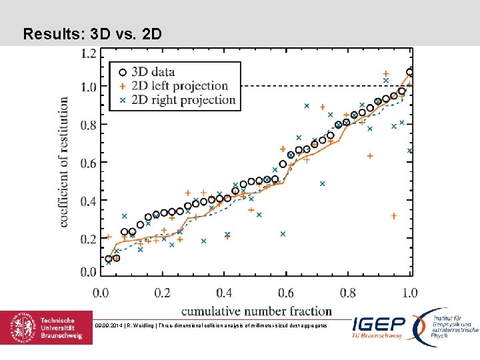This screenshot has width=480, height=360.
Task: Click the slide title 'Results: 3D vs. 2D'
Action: pyautogui.click(x=92, y=33)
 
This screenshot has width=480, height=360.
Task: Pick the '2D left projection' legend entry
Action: pyautogui.click(x=179, y=86)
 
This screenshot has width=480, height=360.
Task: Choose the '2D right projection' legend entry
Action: pyautogui.click(x=183, y=100)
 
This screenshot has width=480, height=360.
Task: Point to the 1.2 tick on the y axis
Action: pyautogui.click(x=88, y=53)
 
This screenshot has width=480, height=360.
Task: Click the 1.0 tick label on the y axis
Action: pyautogui.click(x=88, y=87)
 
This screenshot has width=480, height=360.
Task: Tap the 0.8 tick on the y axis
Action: pyautogui.click(x=88, y=125)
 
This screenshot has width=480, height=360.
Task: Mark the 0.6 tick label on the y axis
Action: pyautogui.click(x=88, y=163)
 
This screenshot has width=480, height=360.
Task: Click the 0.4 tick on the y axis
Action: pyautogui.click(x=88, y=201)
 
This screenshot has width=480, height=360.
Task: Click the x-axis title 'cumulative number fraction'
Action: pyautogui.click(x=257, y=311)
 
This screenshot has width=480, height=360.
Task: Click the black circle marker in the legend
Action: pyautogui.click(x=122, y=72)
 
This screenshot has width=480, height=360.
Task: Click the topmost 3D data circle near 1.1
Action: pyautogui.click(x=410, y=72)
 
